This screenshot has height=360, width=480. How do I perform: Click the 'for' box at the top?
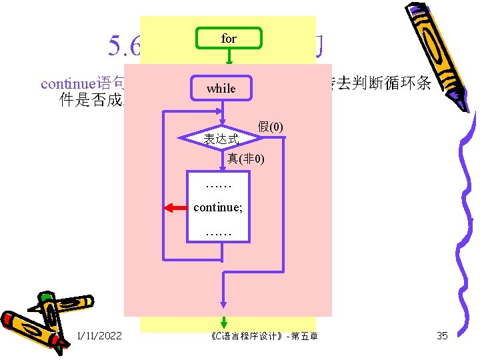coord(229,39)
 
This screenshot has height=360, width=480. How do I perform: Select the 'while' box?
coord(221,88)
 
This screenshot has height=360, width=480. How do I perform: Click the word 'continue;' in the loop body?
coord(218,207)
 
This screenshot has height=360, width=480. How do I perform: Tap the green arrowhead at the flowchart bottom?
coord(224,322)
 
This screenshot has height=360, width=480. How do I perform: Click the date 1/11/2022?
coord(99,335)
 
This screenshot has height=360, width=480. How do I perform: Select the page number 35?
coord(442,335)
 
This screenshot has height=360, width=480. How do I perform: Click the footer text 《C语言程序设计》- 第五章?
coord(263,335)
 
